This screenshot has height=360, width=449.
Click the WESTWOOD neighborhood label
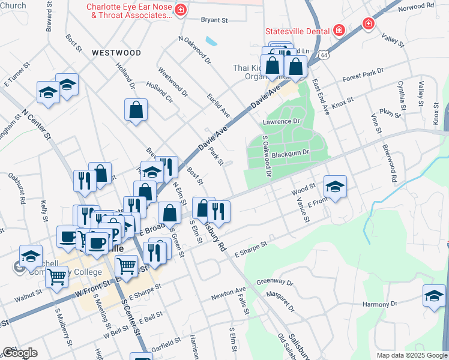116,53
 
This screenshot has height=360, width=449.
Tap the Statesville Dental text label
297,31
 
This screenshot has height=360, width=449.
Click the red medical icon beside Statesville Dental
339,30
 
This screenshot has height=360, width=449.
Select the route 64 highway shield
324,55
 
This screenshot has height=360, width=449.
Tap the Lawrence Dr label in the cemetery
280,122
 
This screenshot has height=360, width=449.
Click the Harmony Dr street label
384,304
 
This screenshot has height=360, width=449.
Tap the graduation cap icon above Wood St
335,186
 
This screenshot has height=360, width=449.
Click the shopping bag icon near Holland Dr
136,110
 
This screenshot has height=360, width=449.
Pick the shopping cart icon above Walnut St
56,277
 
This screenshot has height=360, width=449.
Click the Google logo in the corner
19,353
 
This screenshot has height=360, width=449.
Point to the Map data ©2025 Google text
411,355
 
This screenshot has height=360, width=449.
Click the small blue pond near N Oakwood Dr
211,41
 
